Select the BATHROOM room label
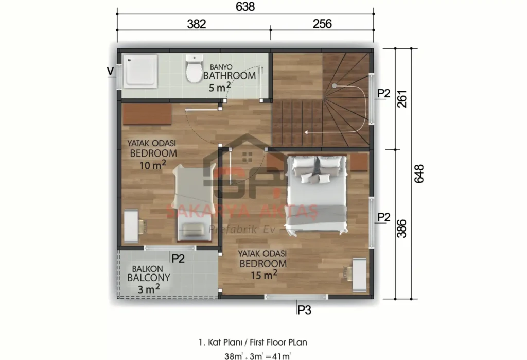[230, 76]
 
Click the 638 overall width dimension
[245, 7]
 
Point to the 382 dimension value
[196, 24]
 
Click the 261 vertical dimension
[403, 98]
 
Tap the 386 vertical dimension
[403, 228]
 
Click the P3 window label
[304, 310]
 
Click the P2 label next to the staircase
[384, 93]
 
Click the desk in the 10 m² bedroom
[131, 226]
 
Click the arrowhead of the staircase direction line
[305, 132]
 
